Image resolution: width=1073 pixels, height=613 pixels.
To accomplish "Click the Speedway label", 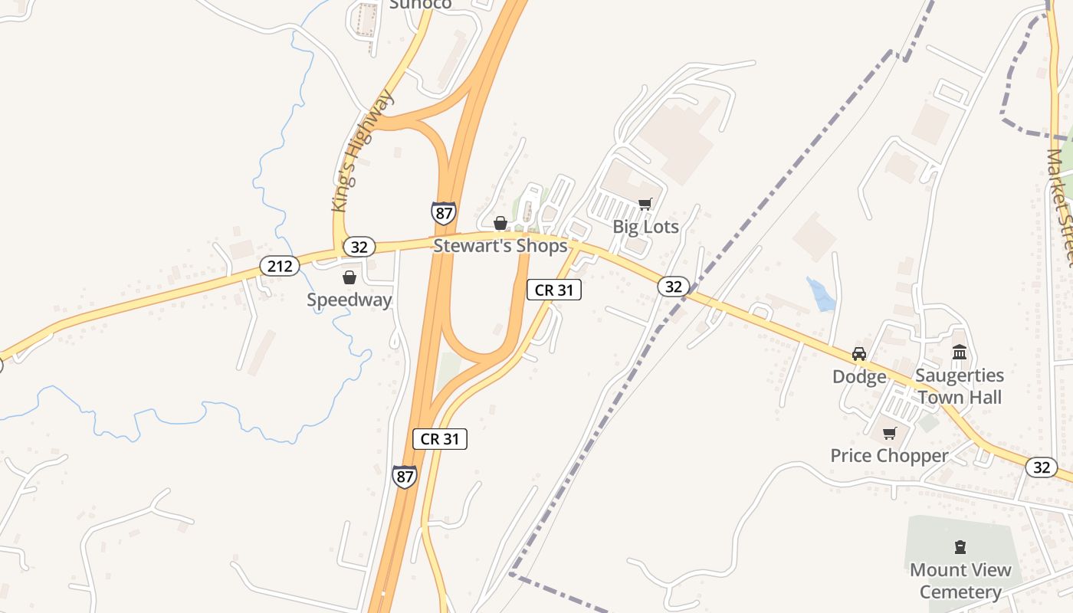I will pos(349,300).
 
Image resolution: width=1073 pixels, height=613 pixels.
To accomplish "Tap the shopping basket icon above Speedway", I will pos(349,277).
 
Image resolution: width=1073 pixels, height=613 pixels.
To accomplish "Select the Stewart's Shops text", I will pos(500,245).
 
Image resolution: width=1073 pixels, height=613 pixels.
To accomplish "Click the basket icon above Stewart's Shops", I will pos(500,223).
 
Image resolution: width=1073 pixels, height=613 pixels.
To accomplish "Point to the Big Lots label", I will pos(645,227).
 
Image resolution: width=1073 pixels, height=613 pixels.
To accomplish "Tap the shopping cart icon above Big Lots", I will pos(645,204).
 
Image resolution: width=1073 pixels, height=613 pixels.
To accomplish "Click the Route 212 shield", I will pos(280,266).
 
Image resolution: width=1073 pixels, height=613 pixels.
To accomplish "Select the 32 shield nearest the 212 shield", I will pos(359,247).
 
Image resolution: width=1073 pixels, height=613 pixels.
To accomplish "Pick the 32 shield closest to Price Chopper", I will pos(1041,467).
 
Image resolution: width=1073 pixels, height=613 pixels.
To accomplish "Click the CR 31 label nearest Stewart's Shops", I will pos(554,290).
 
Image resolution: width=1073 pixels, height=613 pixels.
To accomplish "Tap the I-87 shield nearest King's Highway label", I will pos(443,212).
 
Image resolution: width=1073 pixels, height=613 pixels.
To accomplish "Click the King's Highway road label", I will pos(363,151).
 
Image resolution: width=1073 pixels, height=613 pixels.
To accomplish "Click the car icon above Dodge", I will pos(859,354).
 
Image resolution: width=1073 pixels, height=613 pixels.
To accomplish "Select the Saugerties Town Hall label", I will pos(960,386).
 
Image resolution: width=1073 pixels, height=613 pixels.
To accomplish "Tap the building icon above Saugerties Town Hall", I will pos(960,352).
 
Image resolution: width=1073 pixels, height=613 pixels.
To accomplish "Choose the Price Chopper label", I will pos(889,456).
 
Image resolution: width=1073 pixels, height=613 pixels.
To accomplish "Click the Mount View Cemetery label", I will pos(960,581).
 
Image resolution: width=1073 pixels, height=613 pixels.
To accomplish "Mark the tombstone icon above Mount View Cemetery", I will pos(960,547).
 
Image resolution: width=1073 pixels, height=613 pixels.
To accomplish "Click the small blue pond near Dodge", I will pos(821,295).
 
